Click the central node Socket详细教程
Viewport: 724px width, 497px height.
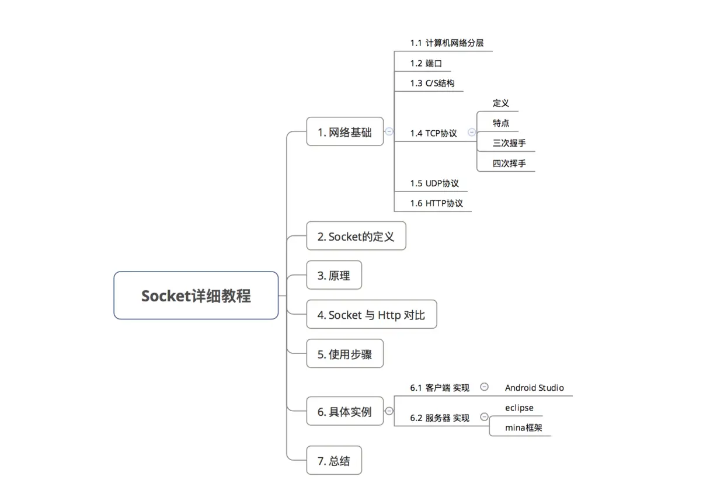196,296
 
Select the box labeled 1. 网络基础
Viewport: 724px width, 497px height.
344,132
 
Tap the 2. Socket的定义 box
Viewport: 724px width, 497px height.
356,237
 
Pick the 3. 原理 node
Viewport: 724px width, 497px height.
334,276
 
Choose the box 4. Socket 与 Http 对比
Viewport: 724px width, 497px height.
371,315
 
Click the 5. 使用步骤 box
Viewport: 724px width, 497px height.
344,354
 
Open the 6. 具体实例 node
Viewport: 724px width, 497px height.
344,412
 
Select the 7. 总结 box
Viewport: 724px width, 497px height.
334,461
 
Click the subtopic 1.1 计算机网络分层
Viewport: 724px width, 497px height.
447,43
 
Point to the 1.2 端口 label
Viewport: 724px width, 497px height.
422,63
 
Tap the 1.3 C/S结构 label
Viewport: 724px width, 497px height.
432,84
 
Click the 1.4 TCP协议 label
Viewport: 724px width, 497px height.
433,133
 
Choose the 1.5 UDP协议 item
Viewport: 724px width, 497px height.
434,183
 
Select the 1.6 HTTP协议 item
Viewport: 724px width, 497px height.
436,203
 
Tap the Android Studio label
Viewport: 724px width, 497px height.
534,388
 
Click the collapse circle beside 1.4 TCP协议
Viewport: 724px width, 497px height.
472,132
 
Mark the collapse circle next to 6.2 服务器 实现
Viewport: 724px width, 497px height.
484,417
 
